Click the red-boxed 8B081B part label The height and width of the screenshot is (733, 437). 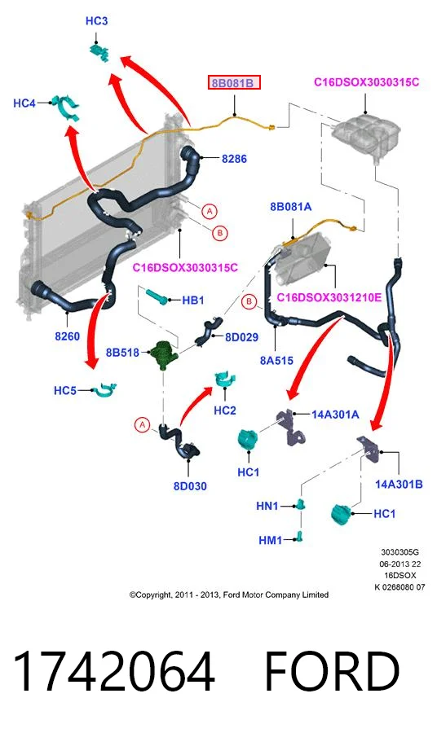click(x=234, y=83)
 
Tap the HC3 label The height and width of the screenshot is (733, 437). click(x=96, y=21)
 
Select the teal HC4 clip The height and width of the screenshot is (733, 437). click(x=65, y=107)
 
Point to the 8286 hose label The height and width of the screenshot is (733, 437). click(x=234, y=159)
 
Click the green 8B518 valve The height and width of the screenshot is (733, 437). click(x=162, y=354)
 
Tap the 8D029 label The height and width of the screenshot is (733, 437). click(x=241, y=337)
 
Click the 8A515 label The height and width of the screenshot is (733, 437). click(x=276, y=361)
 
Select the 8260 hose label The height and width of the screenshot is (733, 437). click(x=68, y=336)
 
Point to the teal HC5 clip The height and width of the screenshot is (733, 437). click(x=104, y=390)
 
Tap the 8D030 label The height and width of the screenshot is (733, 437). click(x=190, y=486)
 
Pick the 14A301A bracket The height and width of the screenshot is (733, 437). click(x=289, y=428)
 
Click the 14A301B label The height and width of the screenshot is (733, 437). click(x=399, y=485)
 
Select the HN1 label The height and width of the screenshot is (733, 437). click(x=267, y=506)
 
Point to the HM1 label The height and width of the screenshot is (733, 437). click(x=271, y=541)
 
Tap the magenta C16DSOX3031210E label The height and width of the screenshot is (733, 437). click(x=329, y=297)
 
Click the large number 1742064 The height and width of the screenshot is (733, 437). click(x=113, y=672)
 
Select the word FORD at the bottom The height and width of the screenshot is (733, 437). click(x=332, y=672)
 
